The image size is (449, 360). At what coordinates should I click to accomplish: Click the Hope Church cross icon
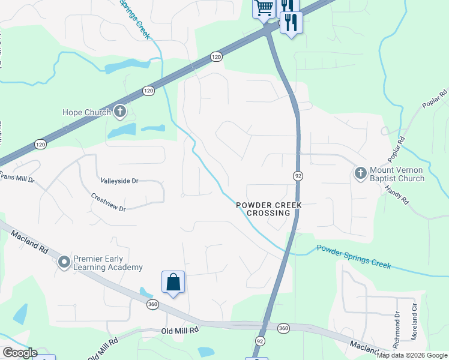pos(120,112)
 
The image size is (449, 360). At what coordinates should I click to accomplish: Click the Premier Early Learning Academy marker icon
pos(64,263)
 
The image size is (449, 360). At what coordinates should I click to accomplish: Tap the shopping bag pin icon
pos(173,282)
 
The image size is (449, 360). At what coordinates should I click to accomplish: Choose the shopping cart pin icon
pos(263,8)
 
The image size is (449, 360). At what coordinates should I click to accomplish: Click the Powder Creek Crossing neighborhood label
pos(268,209)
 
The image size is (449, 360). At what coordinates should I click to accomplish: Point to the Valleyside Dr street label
pos(119,180)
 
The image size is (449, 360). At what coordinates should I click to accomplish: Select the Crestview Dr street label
pos(108,202)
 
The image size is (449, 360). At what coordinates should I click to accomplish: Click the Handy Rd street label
pos(397,194)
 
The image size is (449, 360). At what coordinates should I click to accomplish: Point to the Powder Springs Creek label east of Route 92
pos(354,257)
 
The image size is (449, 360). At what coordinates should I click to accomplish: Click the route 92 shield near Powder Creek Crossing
pos(297,176)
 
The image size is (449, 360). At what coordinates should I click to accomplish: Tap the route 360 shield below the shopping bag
pos(152,305)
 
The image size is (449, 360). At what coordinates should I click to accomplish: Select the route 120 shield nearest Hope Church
pos(148,91)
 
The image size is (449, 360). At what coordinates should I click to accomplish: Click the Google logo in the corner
pos(20,353)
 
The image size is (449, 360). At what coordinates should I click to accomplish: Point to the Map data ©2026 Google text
pos(412,355)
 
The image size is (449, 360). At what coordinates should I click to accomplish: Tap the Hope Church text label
pos(87,112)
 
